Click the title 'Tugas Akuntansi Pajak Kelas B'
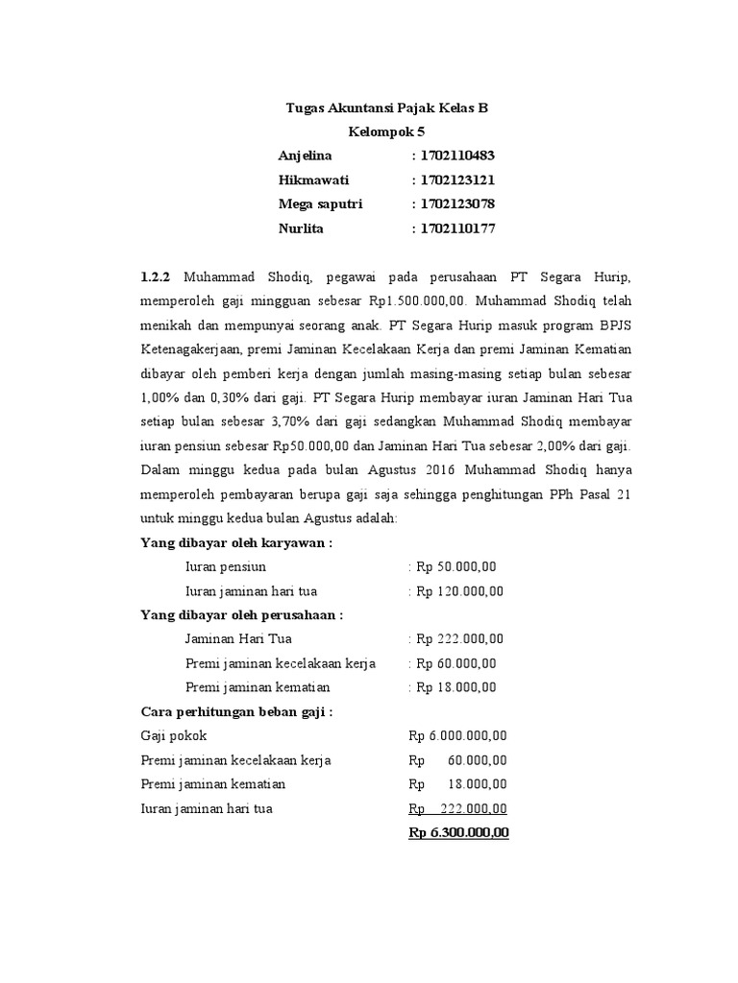(x=387, y=108)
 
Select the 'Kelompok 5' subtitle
(x=387, y=132)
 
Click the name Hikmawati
(x=313, y=180)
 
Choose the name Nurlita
(x=301, y=228)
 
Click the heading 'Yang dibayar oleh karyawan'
(x=237, y=543)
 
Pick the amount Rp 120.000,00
(x=459, y=591)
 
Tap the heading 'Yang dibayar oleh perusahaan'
(x=242, y=615)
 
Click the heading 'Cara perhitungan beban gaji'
(x=237, y=712)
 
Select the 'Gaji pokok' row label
(x=174, y=736)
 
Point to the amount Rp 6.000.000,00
(x=458, y=736)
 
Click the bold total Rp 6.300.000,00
(x=458, y=833)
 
